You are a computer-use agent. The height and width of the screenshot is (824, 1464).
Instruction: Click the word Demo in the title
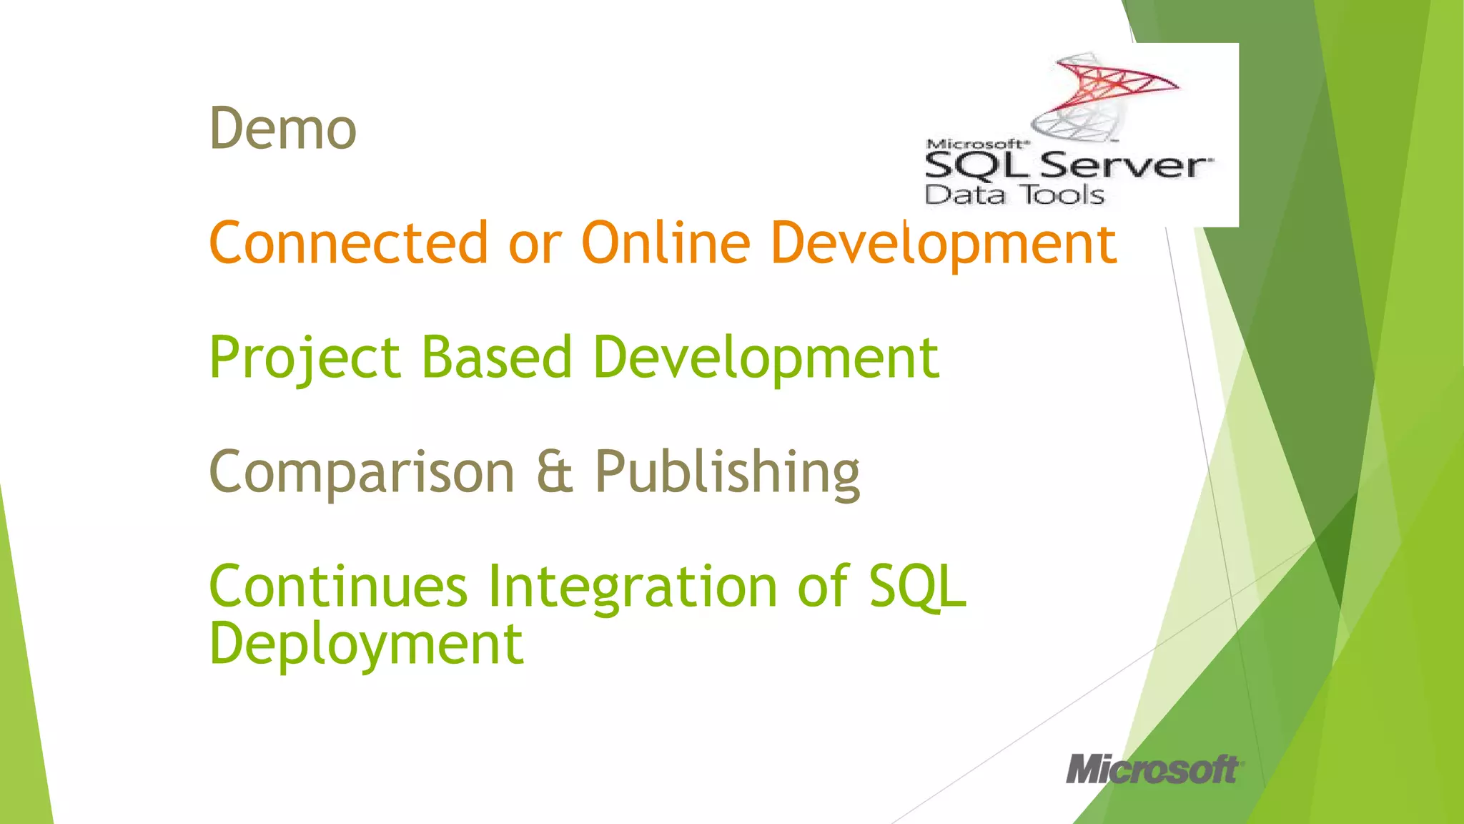(282, 129)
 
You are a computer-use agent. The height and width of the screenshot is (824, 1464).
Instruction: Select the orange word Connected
(348, 243)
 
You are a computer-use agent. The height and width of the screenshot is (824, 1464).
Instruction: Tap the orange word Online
(666, 243)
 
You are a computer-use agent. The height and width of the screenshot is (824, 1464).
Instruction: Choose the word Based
(497, 358)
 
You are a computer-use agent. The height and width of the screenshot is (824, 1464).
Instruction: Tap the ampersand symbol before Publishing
(555, 472)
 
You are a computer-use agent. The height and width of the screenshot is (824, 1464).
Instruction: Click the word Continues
(338, 587)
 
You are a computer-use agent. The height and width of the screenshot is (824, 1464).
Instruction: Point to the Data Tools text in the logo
(1014, 195)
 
